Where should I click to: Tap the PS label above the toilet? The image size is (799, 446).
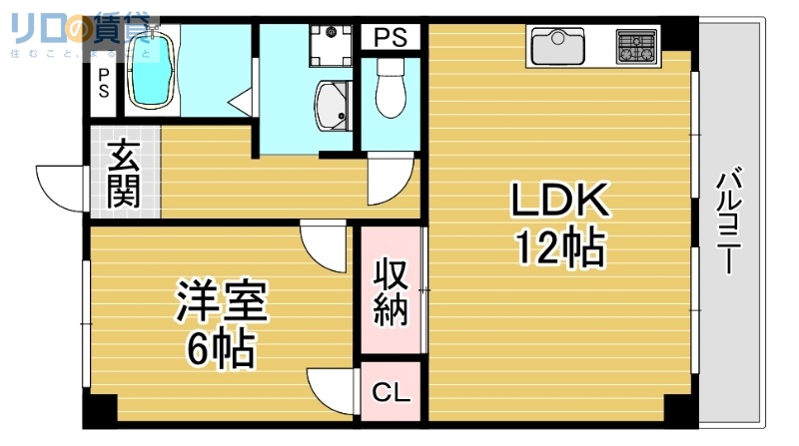pyautogui.click(x=391, y=38)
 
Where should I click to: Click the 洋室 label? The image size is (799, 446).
pyautogui.click(x=222, y=302)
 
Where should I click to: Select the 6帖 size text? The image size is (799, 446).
pyautogui.click(x=222, y=349)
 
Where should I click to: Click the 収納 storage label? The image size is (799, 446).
pyautogui.click(x=391, y=291)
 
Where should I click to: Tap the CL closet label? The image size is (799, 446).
pyautogui.click(x=391, y=392)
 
